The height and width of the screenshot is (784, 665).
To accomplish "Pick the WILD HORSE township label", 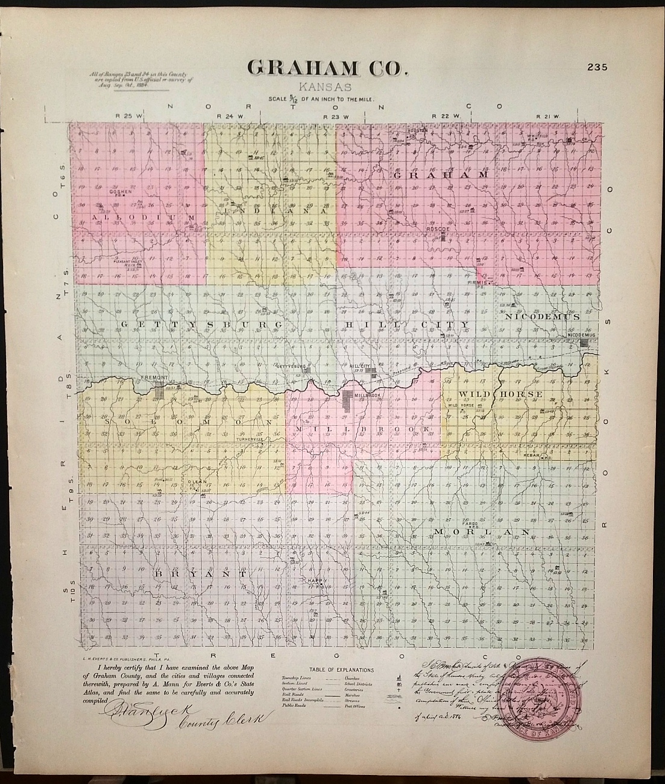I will tap(500, 394).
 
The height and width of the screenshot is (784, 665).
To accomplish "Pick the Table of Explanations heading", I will tap(341, 670).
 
